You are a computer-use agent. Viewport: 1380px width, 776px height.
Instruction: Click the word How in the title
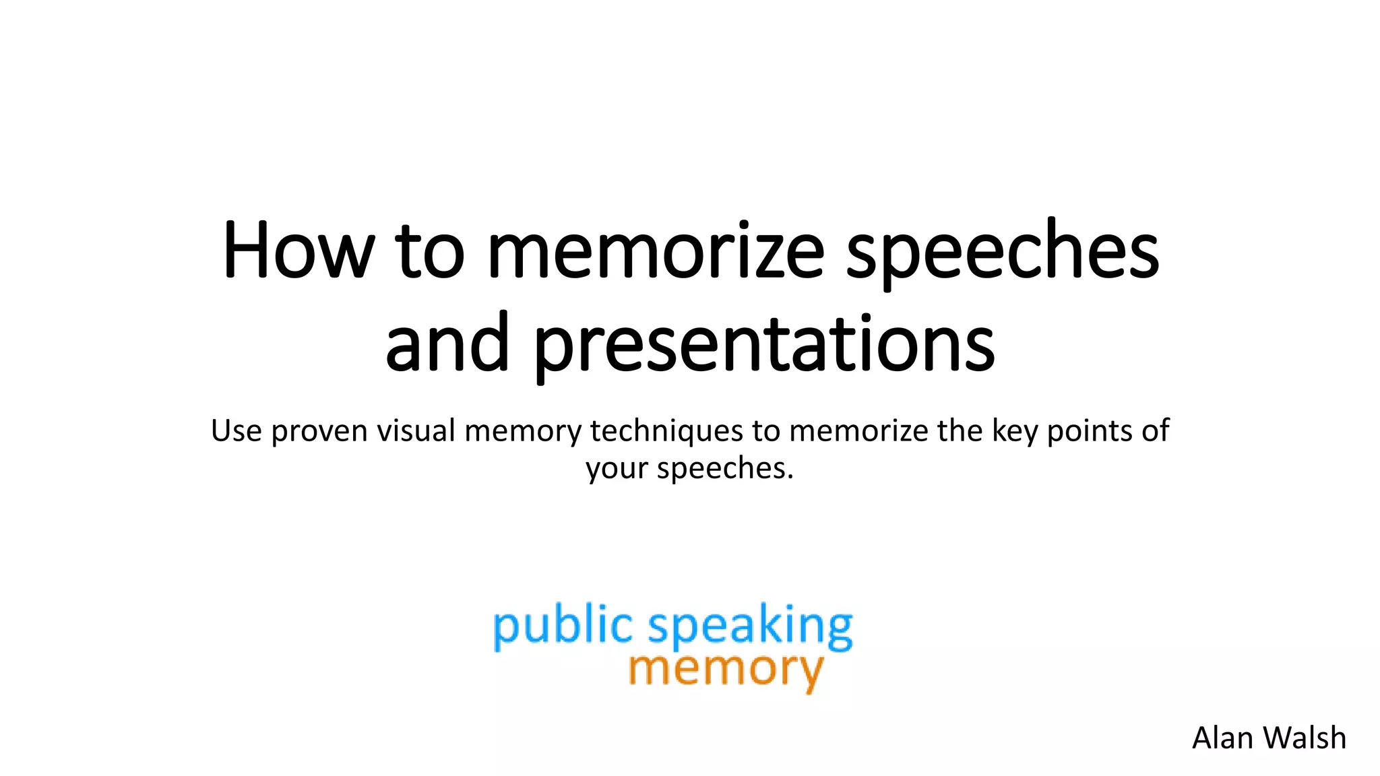[x=297, y=251]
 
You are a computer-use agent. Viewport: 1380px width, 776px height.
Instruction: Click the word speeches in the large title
[x=1002, y=251]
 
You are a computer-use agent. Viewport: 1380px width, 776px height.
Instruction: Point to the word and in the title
[x=447, y=345]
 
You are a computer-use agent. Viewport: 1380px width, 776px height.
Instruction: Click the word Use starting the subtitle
[x=236, y=430]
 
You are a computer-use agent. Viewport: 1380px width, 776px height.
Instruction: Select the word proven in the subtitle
[x=319, y=432]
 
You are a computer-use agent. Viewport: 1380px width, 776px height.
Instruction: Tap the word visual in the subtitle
[x=416, y=430]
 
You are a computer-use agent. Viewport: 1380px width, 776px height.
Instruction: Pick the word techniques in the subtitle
[x=666, y=432]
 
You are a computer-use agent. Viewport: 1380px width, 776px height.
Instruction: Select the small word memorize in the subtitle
[x=858, y=430]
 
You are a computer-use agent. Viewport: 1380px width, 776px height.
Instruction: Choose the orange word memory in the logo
[x=726, y=670]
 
